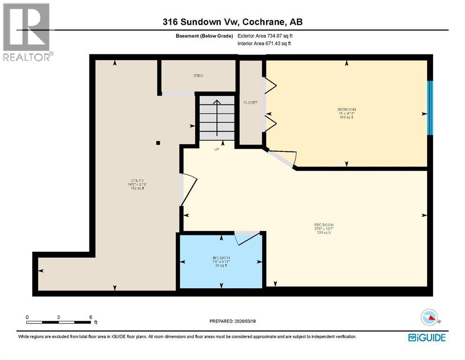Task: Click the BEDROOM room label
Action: (x=347, y=110)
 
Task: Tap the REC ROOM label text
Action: (x=324, y=225)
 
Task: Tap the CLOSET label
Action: (x=251, y=103)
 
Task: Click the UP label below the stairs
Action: (x=216, y=149)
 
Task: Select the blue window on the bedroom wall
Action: (x=430, y=108)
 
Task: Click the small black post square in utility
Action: (x=158, y=143)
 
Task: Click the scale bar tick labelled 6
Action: (x=90, y=317)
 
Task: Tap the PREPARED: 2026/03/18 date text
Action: (x=233, y=321)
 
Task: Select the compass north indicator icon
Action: (x=429, y=318)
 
